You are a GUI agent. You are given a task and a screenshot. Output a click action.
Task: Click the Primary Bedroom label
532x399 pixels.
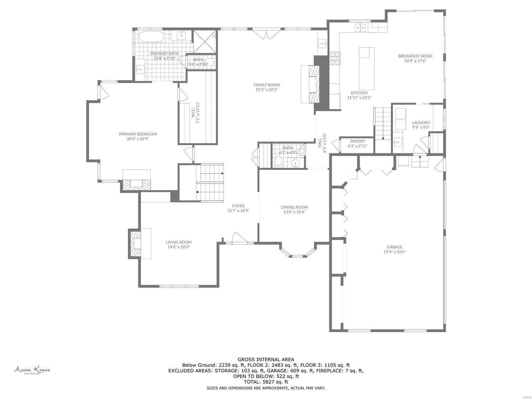tap(138, 134)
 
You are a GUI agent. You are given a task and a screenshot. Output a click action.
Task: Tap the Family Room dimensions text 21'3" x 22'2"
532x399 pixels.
tap(266, 89)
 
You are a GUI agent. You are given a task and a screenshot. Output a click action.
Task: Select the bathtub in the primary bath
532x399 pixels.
tap(151, 37)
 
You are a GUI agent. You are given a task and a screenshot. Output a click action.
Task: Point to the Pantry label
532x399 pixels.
tap(357, 141)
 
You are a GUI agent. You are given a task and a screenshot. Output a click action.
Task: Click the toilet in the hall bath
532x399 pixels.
tap(279, 162)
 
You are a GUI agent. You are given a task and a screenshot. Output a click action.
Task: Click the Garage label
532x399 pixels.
tap(394, 247)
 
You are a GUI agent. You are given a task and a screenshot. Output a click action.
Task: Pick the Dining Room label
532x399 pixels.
tap(294, 207)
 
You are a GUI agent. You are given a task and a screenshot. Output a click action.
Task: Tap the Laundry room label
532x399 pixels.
tap(421, 122)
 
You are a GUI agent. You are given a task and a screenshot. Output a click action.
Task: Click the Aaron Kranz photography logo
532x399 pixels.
tap(32, 370)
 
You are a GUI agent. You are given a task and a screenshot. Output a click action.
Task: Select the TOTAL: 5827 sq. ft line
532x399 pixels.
tap(266, 382)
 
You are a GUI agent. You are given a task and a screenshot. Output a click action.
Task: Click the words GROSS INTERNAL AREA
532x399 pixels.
tap(266, 359)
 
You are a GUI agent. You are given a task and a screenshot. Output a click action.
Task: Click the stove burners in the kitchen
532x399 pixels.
tap(335, 58)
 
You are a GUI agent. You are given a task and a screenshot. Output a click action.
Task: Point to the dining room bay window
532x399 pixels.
tap(297, 255)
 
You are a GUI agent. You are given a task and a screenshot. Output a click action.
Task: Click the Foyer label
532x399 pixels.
tap(238, 206)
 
